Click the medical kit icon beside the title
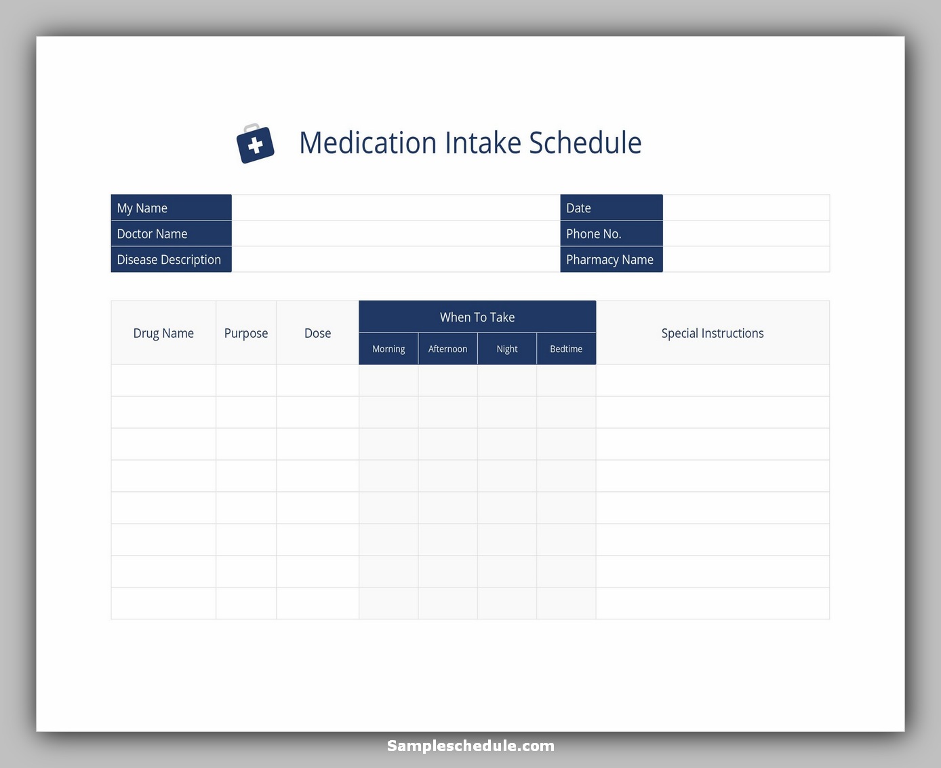[x=255, y=144]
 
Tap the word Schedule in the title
[x=585, y=143]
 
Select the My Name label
[x=142, y=208]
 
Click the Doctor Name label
[x=152, y=234]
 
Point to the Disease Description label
[x=169, y=260]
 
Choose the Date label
[x=578, y=208]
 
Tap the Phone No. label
[x=593, y=234]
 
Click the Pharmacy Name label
[x=609, y=260]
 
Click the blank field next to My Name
[x=395, y=208]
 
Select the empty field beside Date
[x=746, y=208]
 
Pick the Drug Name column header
[x=163, y=333]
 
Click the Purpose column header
[x=246, y=333]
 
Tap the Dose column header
[x=317, y=333]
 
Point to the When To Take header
[x=477, y=317]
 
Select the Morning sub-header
[x=388, y=349]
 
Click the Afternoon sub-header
[x=447, y=349]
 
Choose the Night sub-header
[x=507, y=349]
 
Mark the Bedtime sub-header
[x=566, y=349]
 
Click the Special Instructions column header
[x=713, y=333]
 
